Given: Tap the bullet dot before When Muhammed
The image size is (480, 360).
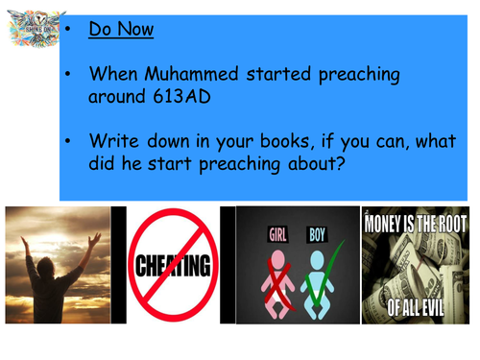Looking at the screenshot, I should pos(71,73).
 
